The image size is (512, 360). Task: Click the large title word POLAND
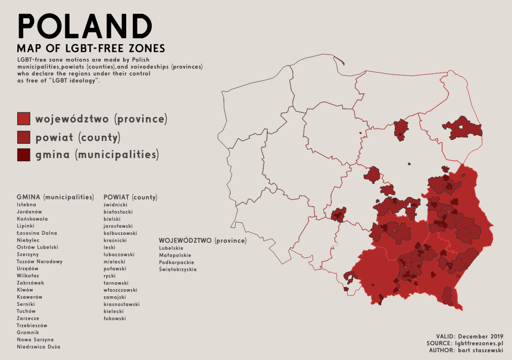coord(85,26)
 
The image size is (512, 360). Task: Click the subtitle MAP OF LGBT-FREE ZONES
coord(91,48)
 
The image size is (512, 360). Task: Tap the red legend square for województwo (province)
coord(24,118)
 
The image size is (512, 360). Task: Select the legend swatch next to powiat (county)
coord(24,137)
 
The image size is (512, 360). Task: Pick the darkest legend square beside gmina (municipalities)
coord(24,155)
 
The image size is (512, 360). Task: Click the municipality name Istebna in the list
coord(27,204)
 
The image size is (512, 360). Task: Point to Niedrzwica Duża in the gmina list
coord(38,346)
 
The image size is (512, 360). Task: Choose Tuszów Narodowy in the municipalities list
coord(39,261)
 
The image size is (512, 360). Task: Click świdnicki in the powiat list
coord(115,204)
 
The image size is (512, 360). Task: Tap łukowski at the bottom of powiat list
coord(114,318)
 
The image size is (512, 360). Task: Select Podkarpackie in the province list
coord(177,262)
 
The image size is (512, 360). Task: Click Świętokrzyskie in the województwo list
coord(178,269)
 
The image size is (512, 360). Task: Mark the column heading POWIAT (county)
coord(130,196)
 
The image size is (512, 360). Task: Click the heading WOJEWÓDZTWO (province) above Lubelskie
coord(202,240)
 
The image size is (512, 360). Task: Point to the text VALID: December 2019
coord(470,337)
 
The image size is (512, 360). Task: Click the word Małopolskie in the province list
coord(176,255)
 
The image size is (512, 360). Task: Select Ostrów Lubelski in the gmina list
coord(38,247)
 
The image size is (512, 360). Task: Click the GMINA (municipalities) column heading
coord(55,196)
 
